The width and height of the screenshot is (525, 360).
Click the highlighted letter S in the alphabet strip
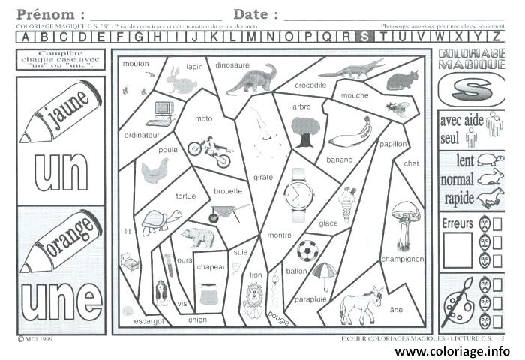pyautogui.click(x=364, y=36)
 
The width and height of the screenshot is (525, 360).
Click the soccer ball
pyautogui.click(x=307, y=250)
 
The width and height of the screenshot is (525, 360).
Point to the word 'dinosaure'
pyautogui.click(x=232, y=65)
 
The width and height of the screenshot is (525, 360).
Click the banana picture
pyautogui.click(x=350, y=134)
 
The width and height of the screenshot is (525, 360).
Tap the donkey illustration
pyautogui.click(x=361, y=304)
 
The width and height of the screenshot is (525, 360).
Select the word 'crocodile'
pyautogui.click(x=310, y=85)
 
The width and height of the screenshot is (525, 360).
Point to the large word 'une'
pyautogui.click(x=61, y=299)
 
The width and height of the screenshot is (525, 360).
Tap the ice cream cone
pyautogui.click(x=346, y=202)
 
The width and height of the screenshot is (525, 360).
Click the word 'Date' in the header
pyautogui.click(x=255, y=14)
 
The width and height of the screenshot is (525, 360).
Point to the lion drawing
pyautogui.click(x=254, y=299)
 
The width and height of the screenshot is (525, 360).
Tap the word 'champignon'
pyautogui.click(x=403, y=259)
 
